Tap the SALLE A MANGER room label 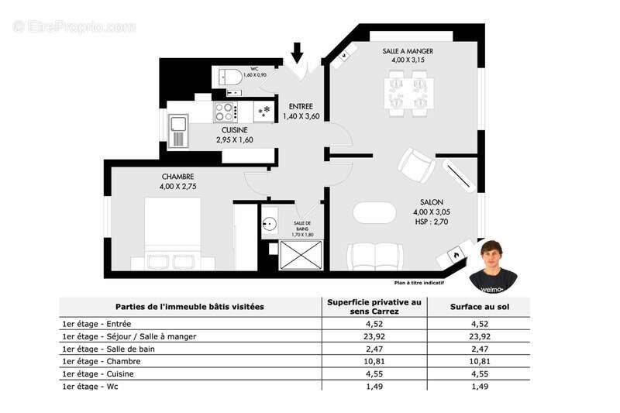(x=408, y=51)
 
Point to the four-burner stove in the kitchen (x=225, y=112)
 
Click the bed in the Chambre (x=172, y=232)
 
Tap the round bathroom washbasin (x=270, y=225)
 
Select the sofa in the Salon (x=374, y=256)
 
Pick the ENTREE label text (x=301, y=106)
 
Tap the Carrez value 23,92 (x=374, y=336)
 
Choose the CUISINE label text (x=234, y=130)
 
